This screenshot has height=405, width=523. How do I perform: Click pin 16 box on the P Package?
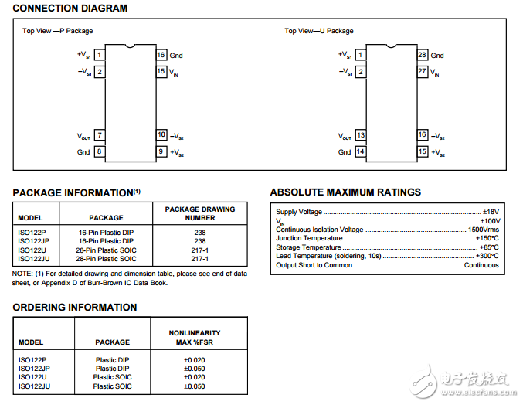click(x=161, y=55)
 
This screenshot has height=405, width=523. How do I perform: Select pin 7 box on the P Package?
click(x=100, y=135)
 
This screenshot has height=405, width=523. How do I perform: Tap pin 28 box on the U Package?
click(x=422, y=55)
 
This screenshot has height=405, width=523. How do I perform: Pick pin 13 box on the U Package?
click(x=360, y=135)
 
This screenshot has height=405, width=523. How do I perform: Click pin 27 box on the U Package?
click(x=422, y=71)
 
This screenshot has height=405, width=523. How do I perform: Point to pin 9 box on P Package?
click(x=161, y=151)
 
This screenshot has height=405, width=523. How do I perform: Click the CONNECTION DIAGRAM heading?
click(x=70, y=9)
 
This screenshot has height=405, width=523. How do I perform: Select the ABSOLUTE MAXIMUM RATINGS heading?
click(x=345, y=192)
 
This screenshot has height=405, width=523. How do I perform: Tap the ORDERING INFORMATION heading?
click(x=75, y=307)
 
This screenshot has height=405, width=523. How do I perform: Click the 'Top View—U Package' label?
click(x=318, y=31)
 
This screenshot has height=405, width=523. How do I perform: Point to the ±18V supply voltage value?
click(x=490, y=212)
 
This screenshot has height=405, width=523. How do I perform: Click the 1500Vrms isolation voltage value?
click(x=483, y=230)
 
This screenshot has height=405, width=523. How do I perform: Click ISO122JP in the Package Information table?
click(x=33, y=241)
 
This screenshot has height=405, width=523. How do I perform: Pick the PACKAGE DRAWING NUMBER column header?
click(x=199, y=213)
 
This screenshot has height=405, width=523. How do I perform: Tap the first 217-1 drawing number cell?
click(x=199, y=250)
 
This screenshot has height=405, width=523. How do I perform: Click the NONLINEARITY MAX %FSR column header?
click(x=194, y=337)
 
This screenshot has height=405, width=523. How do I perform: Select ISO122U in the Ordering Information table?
click(x=32, y=377)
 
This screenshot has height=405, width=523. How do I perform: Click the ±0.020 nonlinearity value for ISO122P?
click(x=194, y=360)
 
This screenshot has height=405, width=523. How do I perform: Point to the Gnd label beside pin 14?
click(x=344, y=152)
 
